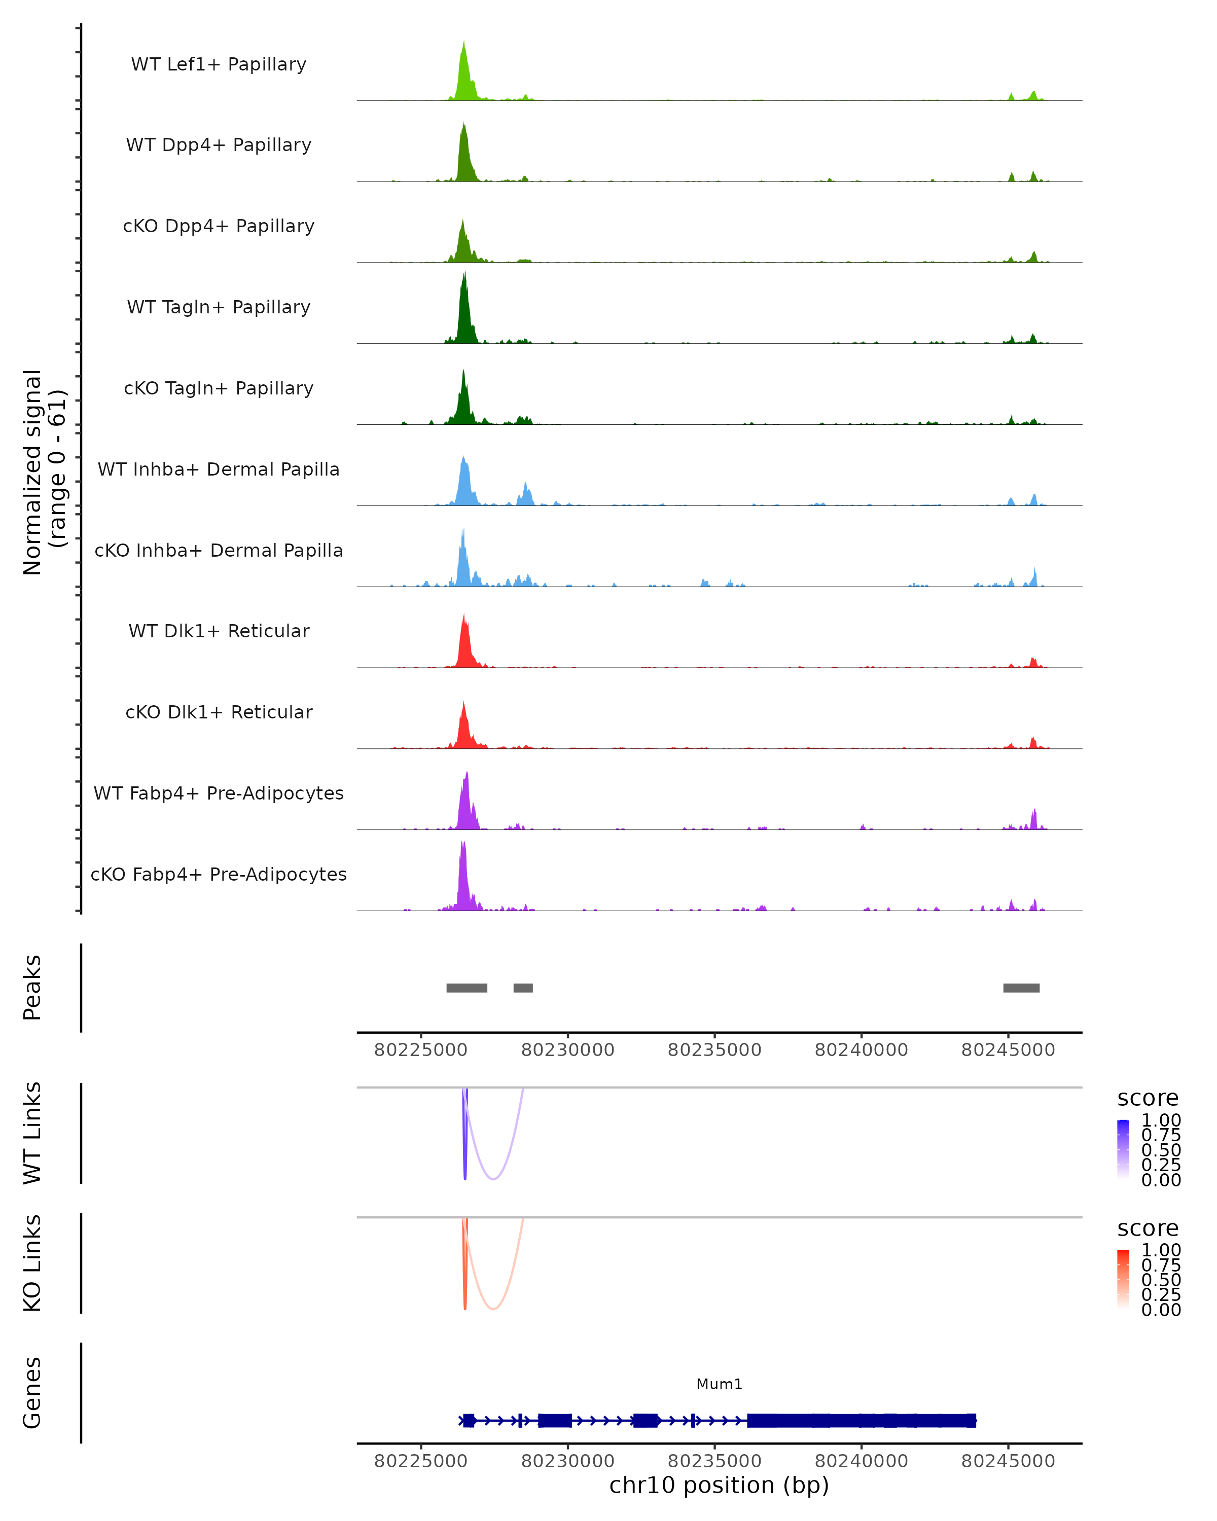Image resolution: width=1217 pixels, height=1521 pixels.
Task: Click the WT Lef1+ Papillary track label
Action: point(219,64)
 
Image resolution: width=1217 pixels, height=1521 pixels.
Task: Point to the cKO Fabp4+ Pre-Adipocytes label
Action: point(219,874)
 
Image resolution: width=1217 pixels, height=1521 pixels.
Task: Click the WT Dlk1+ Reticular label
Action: point(219,631)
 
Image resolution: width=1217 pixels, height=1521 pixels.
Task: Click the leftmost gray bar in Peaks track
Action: point(467,988)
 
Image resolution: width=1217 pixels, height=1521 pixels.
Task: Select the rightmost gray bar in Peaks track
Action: point(1021,988)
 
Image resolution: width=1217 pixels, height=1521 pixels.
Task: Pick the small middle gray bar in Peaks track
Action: point(523,988)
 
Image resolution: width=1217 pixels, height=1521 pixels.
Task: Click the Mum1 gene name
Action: point(719,1384)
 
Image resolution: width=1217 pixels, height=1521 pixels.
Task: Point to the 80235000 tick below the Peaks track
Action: point(714,1050)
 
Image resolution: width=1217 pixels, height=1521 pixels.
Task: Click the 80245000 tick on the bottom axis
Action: point(1008,1461)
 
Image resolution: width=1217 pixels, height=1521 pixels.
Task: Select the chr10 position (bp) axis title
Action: point(719,1486)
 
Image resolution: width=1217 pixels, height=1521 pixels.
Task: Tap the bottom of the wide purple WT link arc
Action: point(494,1179)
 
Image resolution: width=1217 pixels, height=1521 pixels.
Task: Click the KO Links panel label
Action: point(32,1263)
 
